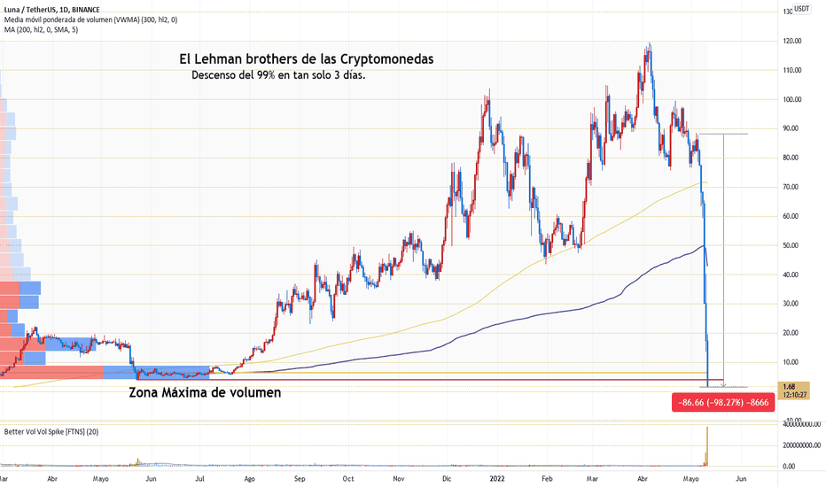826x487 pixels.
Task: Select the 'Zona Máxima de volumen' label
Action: click(205, 390)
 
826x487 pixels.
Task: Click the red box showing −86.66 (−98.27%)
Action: click(723, 402)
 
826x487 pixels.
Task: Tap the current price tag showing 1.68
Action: click(789, 387)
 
